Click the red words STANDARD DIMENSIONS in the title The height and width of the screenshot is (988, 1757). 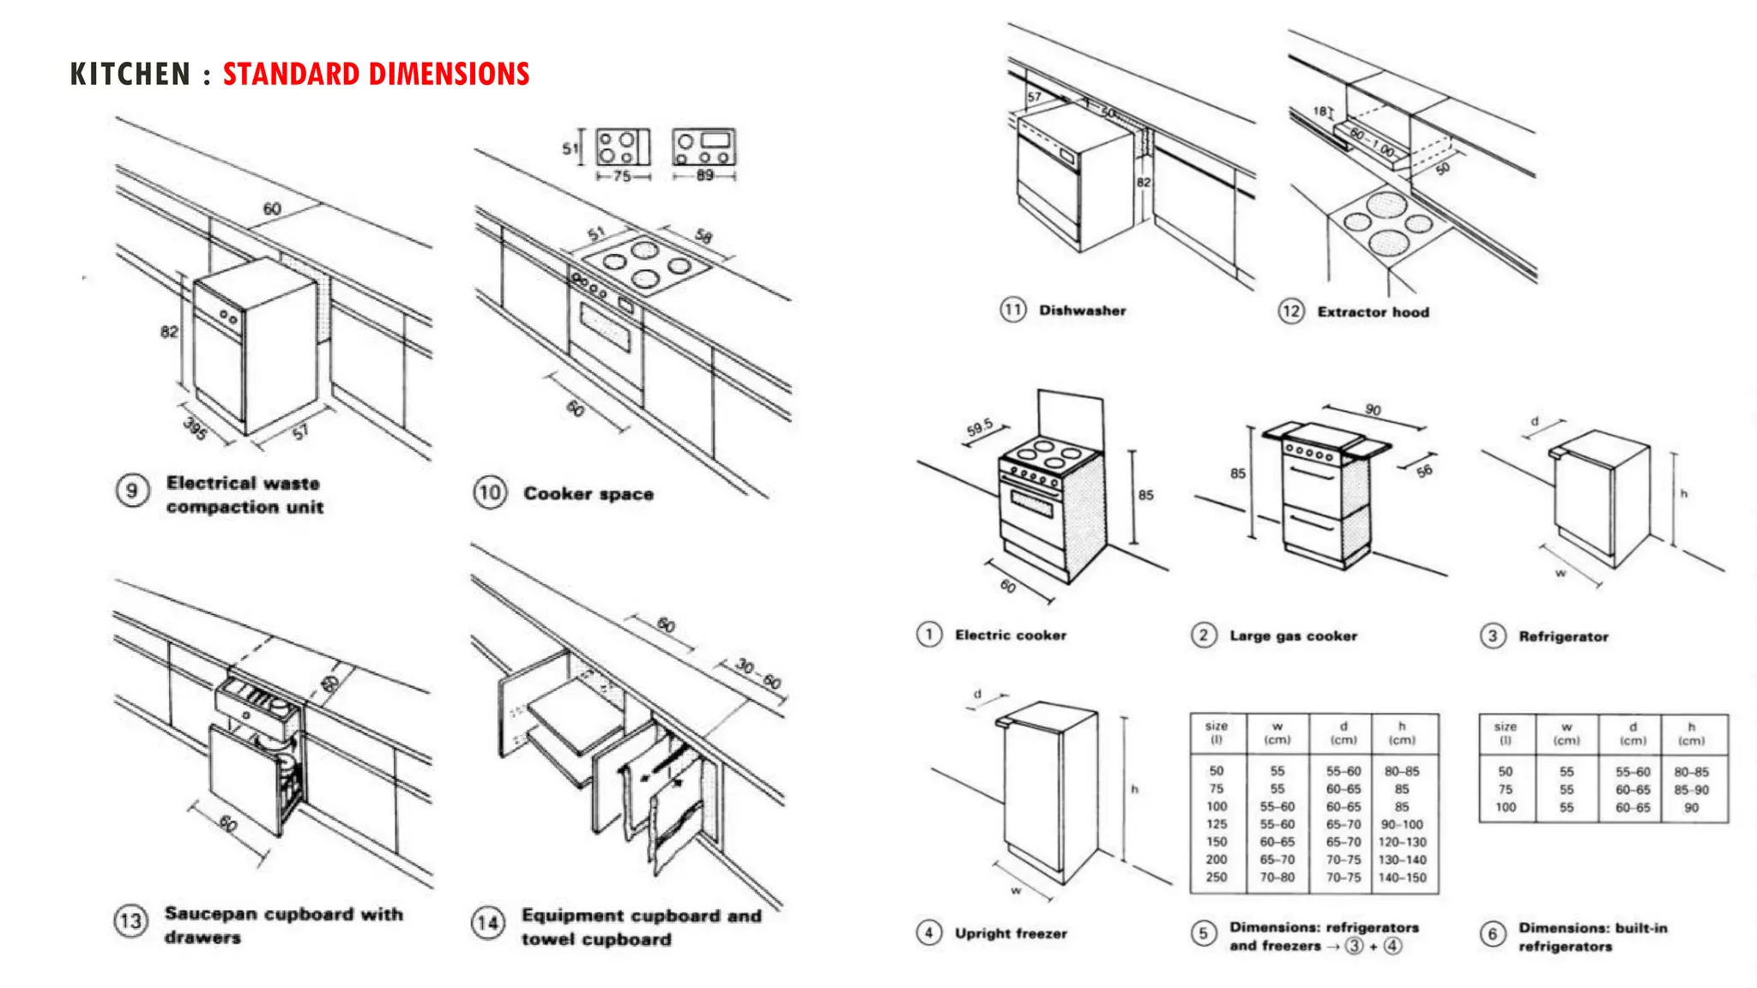[376, 74]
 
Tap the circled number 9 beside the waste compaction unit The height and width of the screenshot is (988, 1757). [132, 491]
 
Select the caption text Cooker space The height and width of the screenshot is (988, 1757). [589, 494]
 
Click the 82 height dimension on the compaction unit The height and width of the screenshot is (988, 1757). [170, 332]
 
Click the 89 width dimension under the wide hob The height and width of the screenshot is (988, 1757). [704, 176]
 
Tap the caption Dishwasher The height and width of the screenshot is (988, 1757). [1082, 310]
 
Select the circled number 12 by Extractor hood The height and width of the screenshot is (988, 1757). [1291, 311]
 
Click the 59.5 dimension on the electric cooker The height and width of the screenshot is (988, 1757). [980, 427]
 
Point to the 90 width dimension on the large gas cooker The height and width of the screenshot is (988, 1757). [1374, 410]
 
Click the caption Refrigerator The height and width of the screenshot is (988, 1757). [1563, 636]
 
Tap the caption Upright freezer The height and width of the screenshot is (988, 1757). [1011, 933]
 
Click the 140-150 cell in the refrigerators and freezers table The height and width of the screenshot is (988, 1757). [1402, 877]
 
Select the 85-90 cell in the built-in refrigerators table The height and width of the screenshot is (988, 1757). [1691, 790]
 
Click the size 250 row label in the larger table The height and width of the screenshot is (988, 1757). [1217, 877]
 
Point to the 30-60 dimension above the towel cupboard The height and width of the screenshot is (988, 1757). [759, 674]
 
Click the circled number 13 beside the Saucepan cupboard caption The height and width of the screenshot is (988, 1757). [130, 922]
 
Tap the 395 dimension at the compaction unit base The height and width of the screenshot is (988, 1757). [196, 428]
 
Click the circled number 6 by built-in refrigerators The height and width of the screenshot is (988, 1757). [1493, 934]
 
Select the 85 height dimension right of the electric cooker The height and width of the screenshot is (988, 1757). [1146, 495]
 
